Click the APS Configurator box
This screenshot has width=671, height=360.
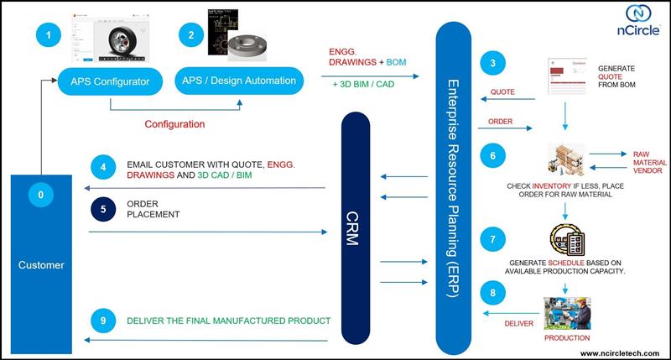pyautogui.click(x=110, y=81)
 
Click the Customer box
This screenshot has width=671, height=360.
pyautogui.click(x=40, y=264)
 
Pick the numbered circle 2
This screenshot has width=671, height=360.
pyautogui.click(x=192, y=35)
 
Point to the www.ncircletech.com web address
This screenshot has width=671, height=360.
pyautogui.click(x=622, y=353)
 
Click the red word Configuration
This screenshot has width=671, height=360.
pyautogui.click(x=174, y=123)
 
